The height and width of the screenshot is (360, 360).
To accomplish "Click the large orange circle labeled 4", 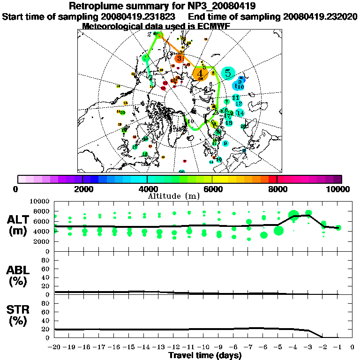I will pos(200,73).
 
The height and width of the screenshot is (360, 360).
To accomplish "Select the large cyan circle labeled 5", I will pos(228,73).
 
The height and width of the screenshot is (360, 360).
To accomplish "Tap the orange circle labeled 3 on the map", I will pos(180,58).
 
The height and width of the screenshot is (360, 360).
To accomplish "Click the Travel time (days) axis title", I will pos(205,355).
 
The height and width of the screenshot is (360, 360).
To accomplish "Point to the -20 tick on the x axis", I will pos(55,347).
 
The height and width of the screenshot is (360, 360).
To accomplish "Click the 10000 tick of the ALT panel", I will pos(41,202).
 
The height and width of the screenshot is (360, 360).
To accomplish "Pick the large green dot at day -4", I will pos(294,216).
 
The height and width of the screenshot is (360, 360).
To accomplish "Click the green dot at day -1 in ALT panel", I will pos(338,228).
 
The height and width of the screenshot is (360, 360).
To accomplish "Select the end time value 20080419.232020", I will pos(321,16).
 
